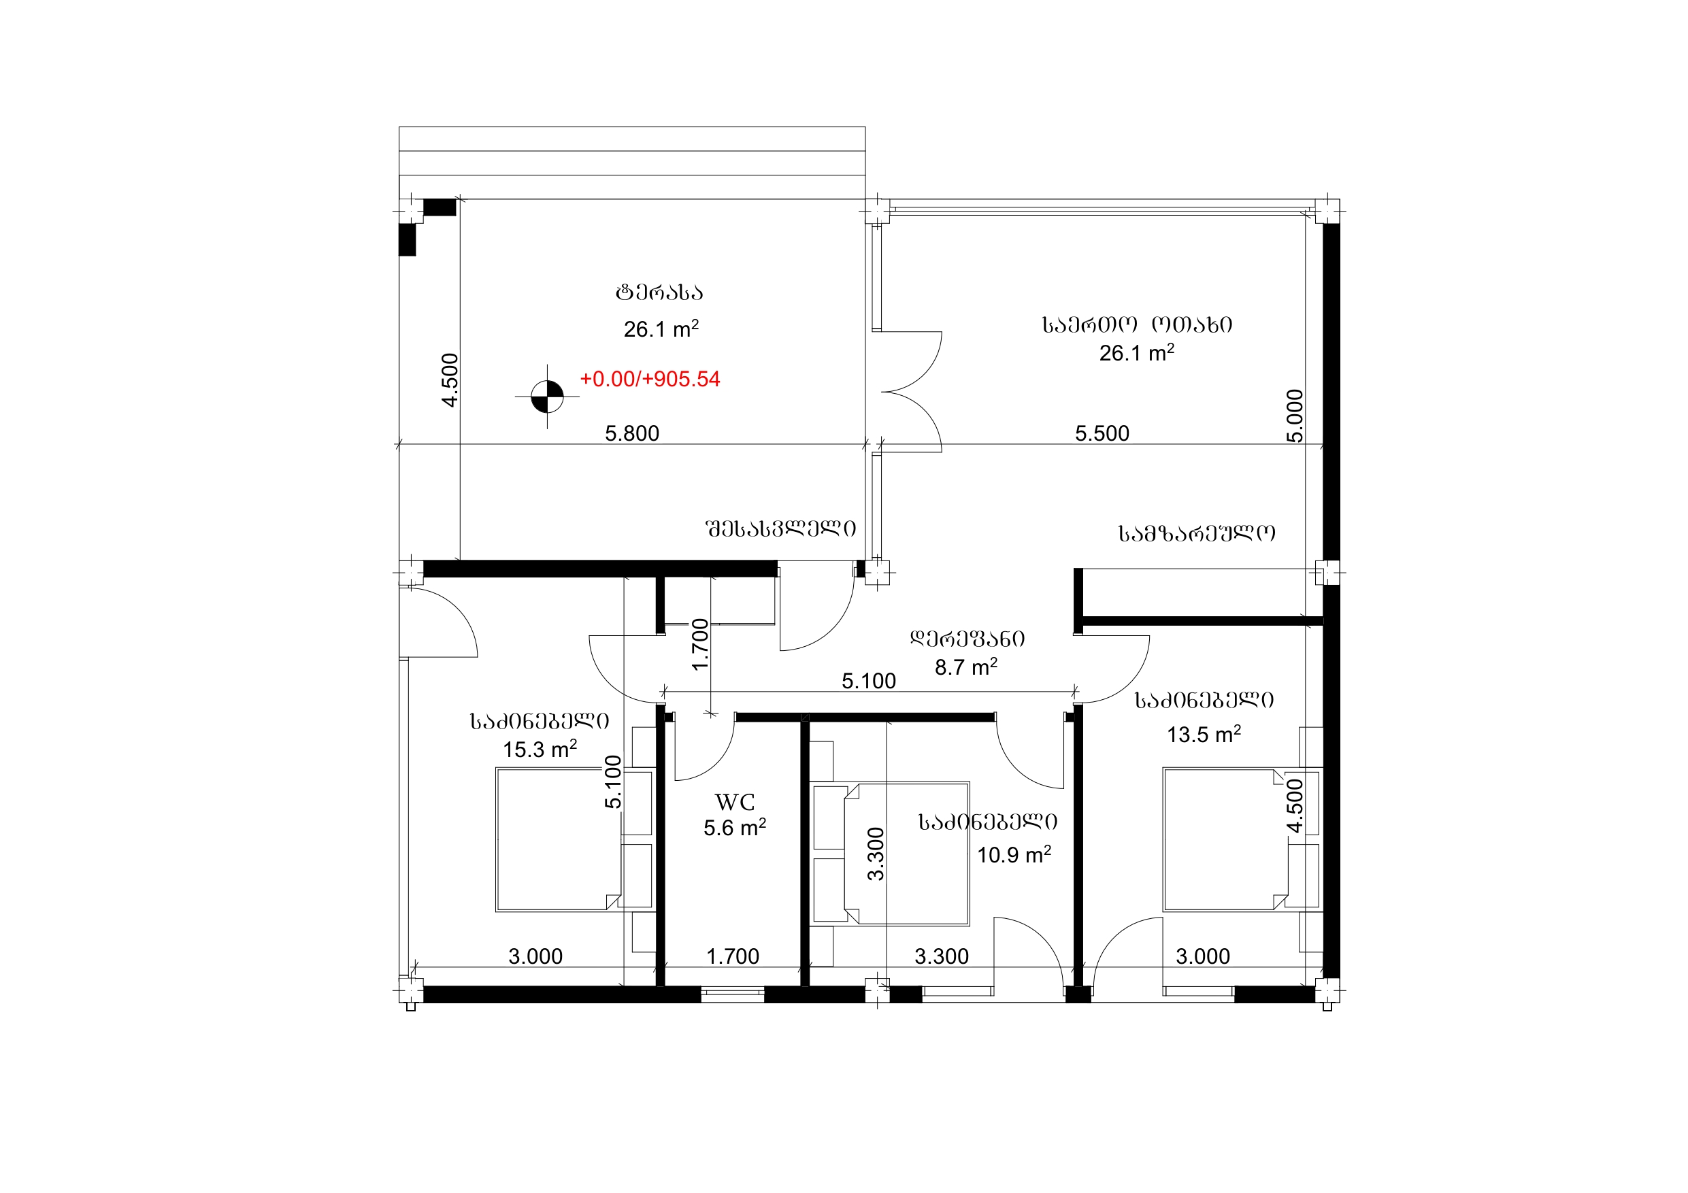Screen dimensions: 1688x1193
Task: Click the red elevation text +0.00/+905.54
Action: click(650, 380)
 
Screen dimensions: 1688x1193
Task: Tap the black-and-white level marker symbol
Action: click(547, 397)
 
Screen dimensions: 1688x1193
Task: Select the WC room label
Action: click(734, 802)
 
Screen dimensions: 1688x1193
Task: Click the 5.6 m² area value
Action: click(734, 828)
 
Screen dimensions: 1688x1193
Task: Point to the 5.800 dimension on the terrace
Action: click(632, 434)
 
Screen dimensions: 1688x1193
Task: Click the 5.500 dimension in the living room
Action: click(1102, 434)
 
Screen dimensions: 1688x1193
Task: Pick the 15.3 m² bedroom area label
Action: click(540, 749)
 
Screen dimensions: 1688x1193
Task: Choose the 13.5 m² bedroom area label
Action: click(1204, 734)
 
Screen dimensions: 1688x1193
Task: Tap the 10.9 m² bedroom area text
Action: click(1014, 854)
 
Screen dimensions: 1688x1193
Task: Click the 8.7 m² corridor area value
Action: click(966, 667)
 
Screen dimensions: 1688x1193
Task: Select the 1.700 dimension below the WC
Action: click(733, 956)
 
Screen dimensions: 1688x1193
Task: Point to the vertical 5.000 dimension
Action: click(1295, 416)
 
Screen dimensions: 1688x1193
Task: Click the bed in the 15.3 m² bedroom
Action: click(559, 839)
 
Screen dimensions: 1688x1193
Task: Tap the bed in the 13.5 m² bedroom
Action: click(1225, 839)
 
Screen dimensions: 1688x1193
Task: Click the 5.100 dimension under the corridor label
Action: click(869, 682)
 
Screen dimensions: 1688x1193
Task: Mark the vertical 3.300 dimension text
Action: click(876, 854)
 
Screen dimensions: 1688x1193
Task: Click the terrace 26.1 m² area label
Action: click(661, 329)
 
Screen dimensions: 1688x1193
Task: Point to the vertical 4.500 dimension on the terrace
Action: click(450, 380)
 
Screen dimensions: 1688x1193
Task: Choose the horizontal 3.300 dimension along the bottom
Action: click(942, 956)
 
